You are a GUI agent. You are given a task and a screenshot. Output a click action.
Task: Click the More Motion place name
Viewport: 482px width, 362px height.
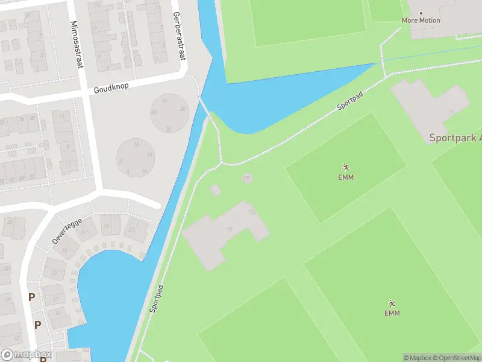pos(421,21)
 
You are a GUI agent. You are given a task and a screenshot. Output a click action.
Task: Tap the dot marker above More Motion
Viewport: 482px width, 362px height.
pos(421,13)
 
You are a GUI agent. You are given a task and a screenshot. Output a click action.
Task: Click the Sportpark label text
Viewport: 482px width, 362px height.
pos(455,138)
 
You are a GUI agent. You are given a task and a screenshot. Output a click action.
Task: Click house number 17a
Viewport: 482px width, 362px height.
pos(252,212)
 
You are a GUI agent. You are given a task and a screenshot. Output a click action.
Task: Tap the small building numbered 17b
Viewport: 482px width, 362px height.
pos(246,178)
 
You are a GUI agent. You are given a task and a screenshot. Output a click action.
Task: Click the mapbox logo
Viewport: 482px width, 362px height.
pos(26,355)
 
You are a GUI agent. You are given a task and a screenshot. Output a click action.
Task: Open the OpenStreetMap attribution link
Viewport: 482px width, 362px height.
pos(455,358)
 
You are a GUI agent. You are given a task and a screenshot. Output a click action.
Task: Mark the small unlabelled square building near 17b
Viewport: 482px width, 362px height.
pos(215,190)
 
